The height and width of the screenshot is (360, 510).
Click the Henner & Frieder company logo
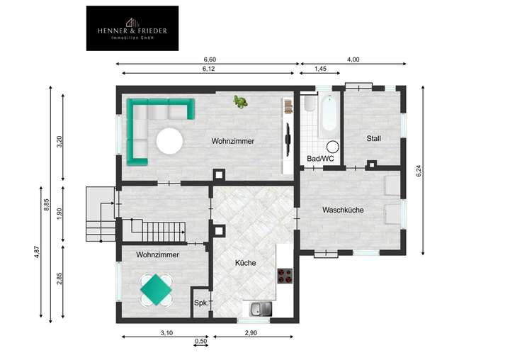132,28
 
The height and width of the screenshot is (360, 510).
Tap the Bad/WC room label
319,159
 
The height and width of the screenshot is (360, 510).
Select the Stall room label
373,138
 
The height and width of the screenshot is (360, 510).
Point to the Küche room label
245,263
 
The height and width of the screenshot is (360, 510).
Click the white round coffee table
170,141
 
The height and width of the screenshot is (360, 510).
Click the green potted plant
242,103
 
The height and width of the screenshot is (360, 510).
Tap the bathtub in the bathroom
327,116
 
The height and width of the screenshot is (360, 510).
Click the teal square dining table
155,288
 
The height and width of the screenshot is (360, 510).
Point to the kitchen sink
260,308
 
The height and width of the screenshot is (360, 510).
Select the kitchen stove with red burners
285,275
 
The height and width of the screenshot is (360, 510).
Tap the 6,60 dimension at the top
210,60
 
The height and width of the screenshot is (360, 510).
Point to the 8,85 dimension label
46,206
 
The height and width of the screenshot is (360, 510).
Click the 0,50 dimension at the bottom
201,341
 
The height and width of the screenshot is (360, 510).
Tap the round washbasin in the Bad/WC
332,147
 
